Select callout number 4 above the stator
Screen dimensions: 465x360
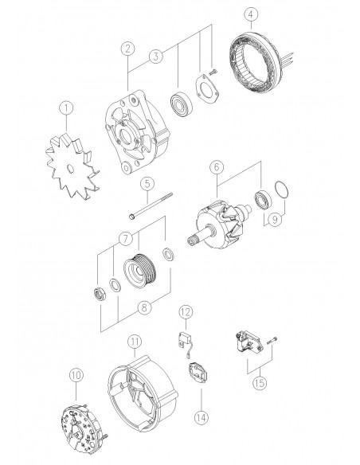pyautogui.click(x=251, y=16)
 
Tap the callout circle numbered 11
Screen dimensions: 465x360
pyautogui.click(x=135, y=342)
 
